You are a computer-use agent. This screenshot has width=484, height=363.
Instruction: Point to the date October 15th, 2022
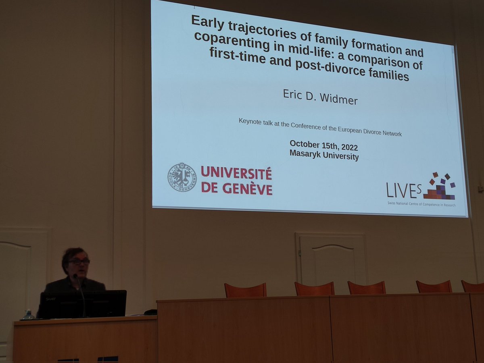pos(323,145)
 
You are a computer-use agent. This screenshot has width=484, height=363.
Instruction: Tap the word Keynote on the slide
pos(250,121)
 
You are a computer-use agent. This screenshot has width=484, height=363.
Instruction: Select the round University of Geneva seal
pos(182,177)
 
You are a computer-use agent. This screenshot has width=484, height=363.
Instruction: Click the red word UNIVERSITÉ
pos(236,174)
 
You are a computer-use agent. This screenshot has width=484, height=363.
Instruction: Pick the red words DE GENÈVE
pos(236,189)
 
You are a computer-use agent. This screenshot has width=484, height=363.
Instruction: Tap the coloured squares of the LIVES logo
pos(440,187)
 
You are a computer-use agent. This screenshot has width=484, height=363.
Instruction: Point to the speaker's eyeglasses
pos(79,261)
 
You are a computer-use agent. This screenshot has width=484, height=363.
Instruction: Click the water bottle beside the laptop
pos(28,314)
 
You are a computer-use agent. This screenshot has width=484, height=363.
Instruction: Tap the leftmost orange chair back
pos(245,290)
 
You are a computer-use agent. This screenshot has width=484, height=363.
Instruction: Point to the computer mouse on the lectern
pos(150,312)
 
